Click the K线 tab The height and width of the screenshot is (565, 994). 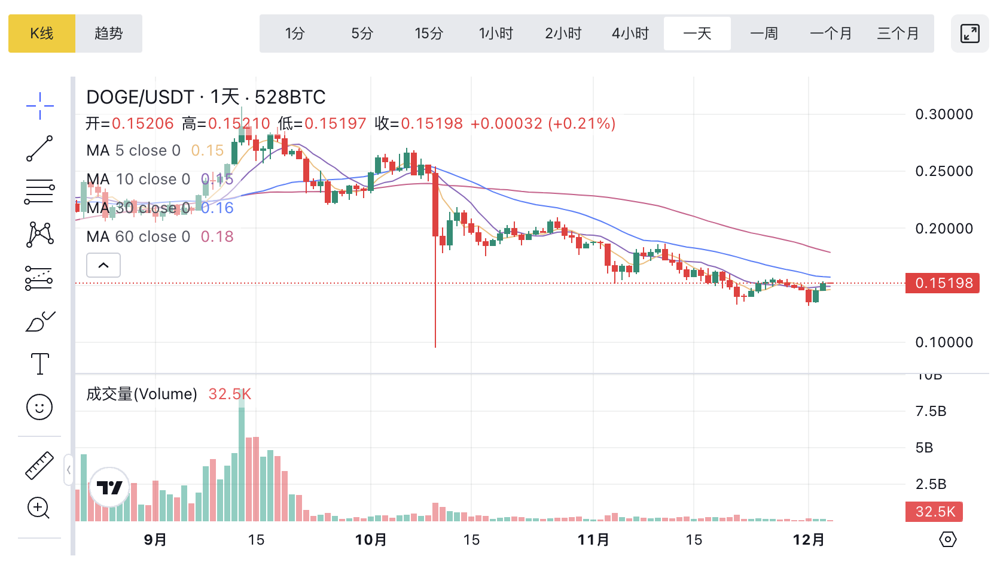42,34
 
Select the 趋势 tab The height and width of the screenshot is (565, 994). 109,34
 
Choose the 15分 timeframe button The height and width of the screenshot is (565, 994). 429,34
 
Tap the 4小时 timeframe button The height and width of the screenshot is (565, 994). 630,34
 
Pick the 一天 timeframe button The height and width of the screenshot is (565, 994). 697,34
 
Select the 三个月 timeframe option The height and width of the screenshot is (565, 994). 897,34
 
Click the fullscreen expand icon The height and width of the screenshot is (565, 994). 969,34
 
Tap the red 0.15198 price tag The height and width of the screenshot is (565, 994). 943,283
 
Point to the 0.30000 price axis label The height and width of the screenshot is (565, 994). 944,114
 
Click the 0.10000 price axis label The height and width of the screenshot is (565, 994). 944,342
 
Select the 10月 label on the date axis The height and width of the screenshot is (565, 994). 371,540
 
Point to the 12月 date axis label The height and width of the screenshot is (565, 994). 809,540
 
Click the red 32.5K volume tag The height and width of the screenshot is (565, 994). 934,512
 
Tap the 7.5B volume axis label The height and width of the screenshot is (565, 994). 931,411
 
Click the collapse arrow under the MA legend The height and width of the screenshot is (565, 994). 103,265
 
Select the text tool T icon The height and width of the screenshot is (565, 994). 39,364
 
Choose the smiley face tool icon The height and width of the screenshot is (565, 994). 39,408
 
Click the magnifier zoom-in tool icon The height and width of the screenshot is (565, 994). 39,508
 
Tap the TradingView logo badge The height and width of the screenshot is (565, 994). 109,487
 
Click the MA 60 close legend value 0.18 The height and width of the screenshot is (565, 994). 217,236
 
